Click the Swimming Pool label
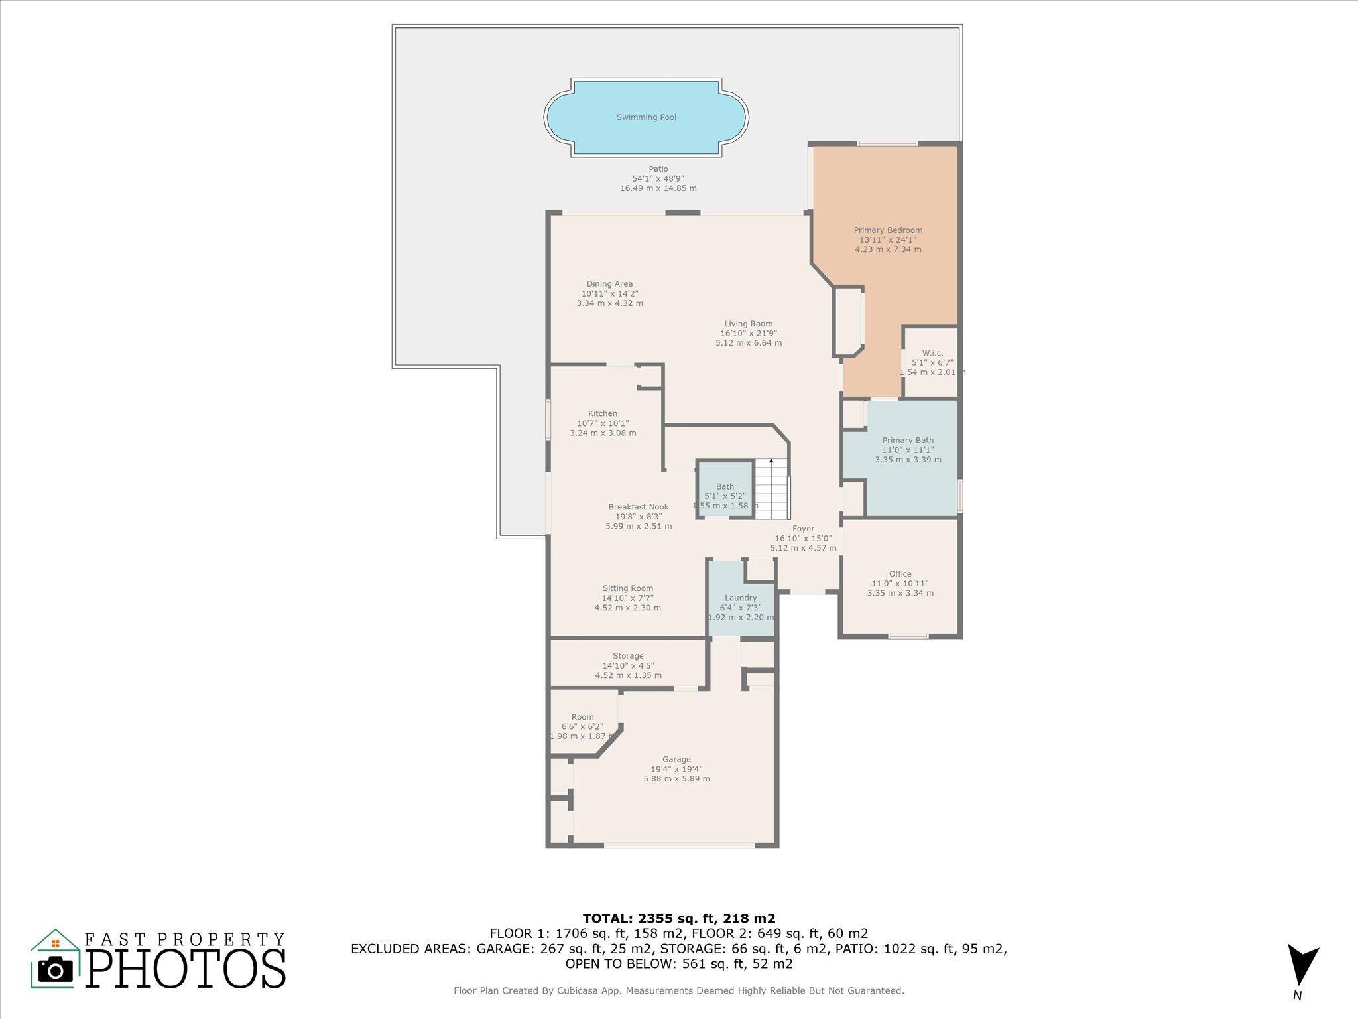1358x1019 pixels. (x=647, y=117)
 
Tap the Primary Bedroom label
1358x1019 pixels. (x=888, y=230)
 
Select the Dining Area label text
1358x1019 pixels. (x=609, y=284)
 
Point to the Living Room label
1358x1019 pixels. (x=749, y=324)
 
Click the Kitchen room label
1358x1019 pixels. (x=603, y=413)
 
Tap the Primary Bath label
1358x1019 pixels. (x=908, y=440)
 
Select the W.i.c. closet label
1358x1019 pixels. (x=932, y=353)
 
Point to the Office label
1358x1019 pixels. (x=900, y=574)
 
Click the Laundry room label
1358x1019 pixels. (x=741, y=598)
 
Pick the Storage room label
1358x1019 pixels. (x=628, y=656)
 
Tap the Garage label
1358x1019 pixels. (x=676, y=760)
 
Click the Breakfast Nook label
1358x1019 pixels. (x=639, y=507)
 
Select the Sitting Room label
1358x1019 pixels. (x=628, y=588)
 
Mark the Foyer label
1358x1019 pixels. (x=803, y=529)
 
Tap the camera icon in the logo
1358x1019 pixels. (x=56, y=970)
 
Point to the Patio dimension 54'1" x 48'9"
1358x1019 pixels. (x=658, y=178)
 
